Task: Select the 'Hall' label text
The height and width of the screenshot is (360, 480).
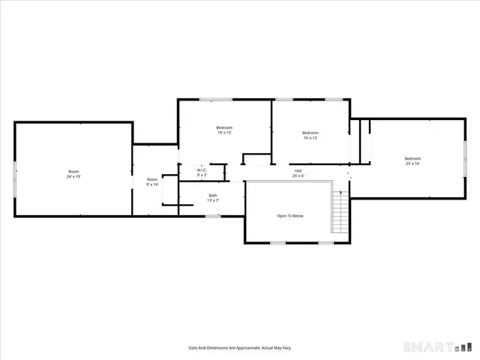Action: tap(298, 171)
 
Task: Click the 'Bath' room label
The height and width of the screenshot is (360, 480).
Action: tap(213, 196)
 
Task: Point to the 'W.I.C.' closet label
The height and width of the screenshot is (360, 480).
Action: tap(202, 170)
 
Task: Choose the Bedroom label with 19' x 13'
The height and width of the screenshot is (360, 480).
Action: tap(224, 127)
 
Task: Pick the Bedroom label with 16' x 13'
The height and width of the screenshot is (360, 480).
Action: tap(310, 133)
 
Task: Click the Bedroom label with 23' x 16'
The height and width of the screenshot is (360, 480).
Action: tap(412, 158)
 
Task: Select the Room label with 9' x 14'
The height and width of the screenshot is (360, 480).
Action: tap(152, 179)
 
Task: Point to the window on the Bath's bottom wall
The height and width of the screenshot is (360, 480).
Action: tap(213, 216)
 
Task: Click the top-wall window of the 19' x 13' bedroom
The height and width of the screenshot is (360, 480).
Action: tap(215, 100)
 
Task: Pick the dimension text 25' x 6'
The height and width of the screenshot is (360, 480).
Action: tap(298, 175)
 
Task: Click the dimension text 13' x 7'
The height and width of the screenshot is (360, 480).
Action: tap(213, 200)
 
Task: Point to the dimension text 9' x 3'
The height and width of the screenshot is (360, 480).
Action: tap(202, 175)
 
